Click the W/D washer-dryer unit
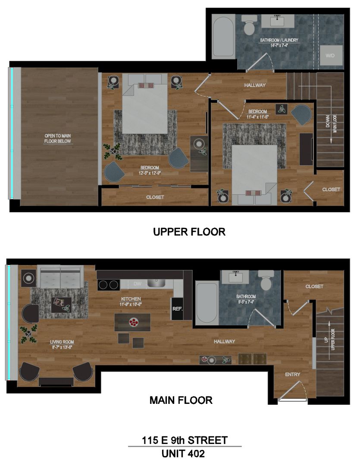pos(330,55)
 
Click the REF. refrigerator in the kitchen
pos(177,309)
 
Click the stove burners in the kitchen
pos(108,284)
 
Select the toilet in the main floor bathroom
pos(265,281)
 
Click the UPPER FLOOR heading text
pos(189,232)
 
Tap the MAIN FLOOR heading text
pos(181,400)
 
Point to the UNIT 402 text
pos(183,453)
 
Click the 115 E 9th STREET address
pos(185,440)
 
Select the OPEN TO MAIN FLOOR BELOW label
pos(57,139)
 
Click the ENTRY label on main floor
pos(292,374)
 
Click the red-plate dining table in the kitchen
pos(132,322)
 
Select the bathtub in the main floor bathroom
pos(206,302)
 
